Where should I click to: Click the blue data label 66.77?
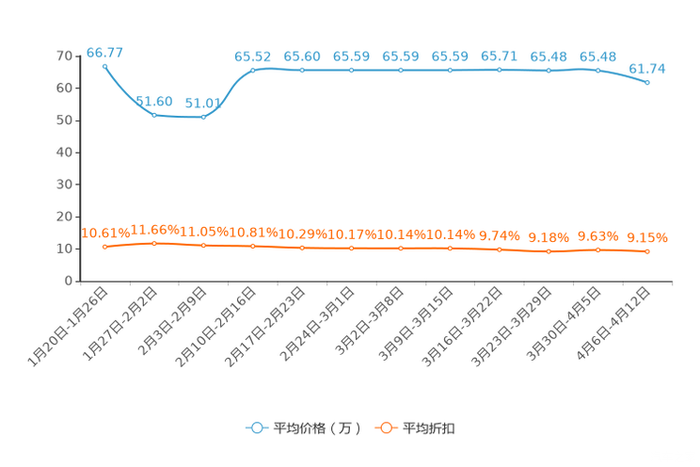pyautogui.click(x=104, y=53)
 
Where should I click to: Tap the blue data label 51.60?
pyautogui.click(x=154, y=102)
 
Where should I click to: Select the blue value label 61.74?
pyautogui.click(x=647, y=69)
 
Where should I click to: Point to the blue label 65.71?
pyautogui.click(x=499, y=56)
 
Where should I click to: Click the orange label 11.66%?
pyautogui.click(x=154, y=230)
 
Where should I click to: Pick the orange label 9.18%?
pyautogui.click(x=549, y=237)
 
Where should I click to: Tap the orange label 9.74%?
pyautogui.click(x=499, y=235)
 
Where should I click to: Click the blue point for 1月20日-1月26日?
pyautogui.click(x=105, y=67)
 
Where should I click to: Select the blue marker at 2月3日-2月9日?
pyautogui.click(x=203, y=117)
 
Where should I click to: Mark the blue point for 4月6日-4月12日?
pyautogui.click(x=647, y=82)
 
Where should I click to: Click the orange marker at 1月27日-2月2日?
pyautogui.click(x=154, y=244)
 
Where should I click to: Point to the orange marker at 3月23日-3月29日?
pyautogui.click(x=549, y=251)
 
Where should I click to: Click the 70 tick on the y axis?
pyautogui.click(x=64, y=56)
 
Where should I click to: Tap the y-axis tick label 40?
pyautogui.click(x=64, y=153)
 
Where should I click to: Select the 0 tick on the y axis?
pyautogui.click(x=69, y=282)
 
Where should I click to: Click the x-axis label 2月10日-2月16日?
pyautogui.click(x=216, y=327)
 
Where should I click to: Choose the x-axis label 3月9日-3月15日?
pyautogui.click(x=416, y=325)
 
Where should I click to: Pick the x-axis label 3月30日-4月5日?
pyautogui.click(x=564, y=325)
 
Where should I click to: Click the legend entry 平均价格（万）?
pyautogui.click(x=304, y=428)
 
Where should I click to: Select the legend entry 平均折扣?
pyautogui.click(x=415, y=428)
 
